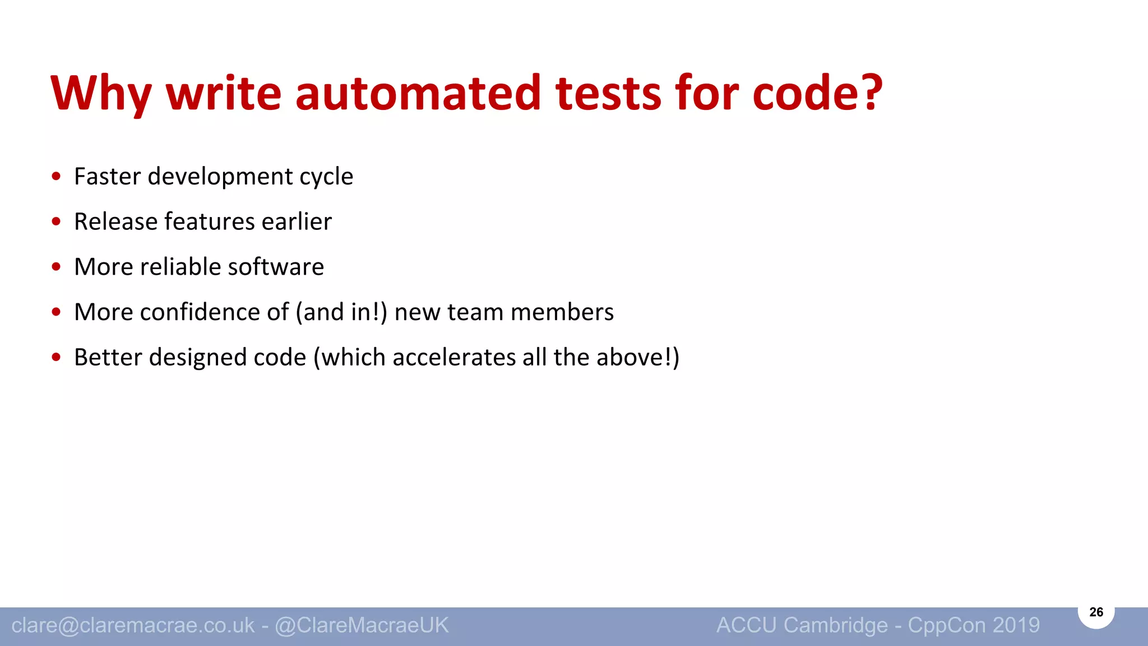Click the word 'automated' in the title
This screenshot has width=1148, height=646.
click(418, 93)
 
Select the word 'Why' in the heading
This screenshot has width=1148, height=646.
click(101, 94)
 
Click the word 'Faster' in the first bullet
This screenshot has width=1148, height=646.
click(107, 177)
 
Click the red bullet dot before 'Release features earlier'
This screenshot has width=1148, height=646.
click(56, 222)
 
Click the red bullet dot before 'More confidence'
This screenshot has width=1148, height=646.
click(56, 312)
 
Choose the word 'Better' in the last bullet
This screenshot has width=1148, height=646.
click(108, 357)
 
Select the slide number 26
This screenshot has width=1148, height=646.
click(1096, 612)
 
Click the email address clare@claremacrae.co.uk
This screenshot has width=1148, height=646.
click(133, 625)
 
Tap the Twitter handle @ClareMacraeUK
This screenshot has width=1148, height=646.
click(362, 625)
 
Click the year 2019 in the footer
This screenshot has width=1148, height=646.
click(1016, 625)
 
